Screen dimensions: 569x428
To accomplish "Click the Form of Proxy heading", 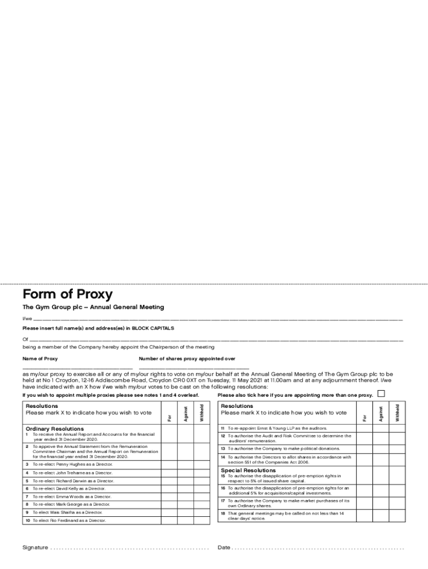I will click(67, 295).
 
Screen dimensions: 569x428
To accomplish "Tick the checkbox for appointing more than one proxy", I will click(381, 393).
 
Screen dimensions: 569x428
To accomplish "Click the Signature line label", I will click(35, 547).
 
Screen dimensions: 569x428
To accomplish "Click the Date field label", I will click(224, 547).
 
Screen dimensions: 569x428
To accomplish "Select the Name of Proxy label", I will click(40, 359).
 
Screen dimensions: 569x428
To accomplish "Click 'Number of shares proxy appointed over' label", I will click(187, 359).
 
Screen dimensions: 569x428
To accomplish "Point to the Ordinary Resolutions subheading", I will click(54, 428).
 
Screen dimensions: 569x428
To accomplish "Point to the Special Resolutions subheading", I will click(248, 470).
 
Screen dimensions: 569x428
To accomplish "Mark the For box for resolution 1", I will click(170, 437).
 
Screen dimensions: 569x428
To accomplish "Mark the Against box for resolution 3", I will click(186, 463).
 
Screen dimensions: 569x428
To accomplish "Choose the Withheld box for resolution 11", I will click(397, 428).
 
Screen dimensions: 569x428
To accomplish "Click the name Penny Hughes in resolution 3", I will click(67, 463).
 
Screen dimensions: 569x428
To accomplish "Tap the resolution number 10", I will click(27, 521).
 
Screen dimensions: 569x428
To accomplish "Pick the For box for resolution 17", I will click(365, 503).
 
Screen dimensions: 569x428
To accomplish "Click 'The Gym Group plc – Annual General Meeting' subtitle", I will click(93, 307).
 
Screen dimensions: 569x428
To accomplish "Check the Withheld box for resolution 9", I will click(202, 512).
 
